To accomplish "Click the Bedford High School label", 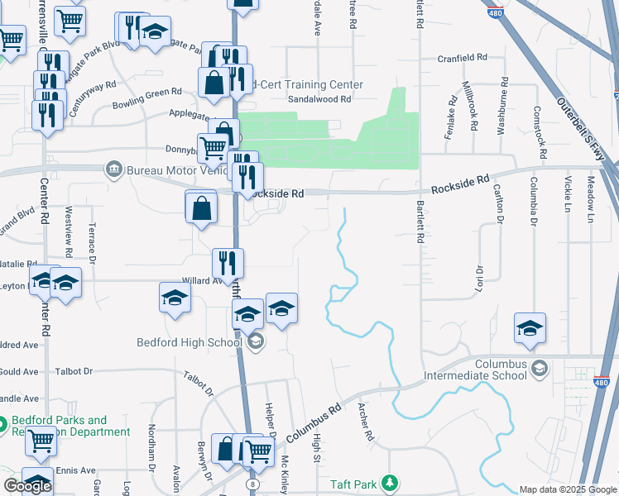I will click(x=190, y=342).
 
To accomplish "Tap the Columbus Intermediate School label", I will click(x=501, y=370).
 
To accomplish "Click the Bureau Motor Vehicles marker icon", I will click(x=113, y=170).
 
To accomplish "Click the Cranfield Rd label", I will click(x=462, y=58).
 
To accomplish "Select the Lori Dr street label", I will click(x=478, y=280).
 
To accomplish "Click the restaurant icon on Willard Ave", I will click(x=227, y=263).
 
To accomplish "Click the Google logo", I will click(x=27, y=486).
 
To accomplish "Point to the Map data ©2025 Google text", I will click(x=567, y=489).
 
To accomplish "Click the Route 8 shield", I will click(x=252, y=482).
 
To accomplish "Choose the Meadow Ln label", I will click(x=591, y=202).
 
